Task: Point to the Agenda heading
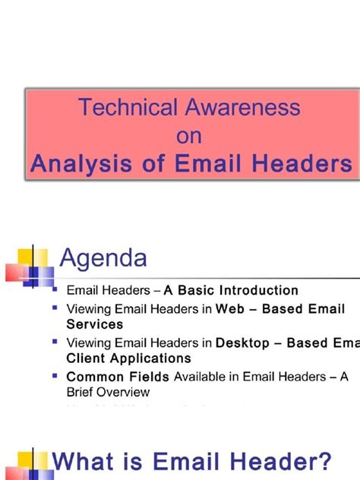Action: point(104,259)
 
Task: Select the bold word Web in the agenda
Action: point(229,309)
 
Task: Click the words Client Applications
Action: point(129,357)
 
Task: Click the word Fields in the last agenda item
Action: point(150,377)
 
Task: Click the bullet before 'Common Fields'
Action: point(55,375)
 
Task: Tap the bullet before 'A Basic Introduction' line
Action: point(55,289)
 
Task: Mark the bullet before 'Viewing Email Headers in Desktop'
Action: point(55,342)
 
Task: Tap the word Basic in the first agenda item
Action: point(198,290)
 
